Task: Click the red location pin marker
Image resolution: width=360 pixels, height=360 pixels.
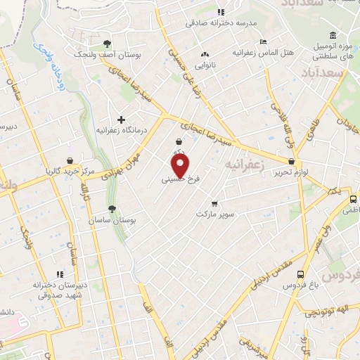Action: click(x=181, y=166)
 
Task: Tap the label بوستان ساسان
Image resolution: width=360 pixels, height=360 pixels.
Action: click(x=111, y=220)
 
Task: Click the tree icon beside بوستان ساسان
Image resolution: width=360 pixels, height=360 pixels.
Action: click(x=112, y=208)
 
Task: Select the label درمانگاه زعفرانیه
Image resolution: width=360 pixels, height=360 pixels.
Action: click(x=120, y=130)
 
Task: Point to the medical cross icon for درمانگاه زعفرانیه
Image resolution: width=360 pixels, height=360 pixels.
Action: click(x=122, y=119)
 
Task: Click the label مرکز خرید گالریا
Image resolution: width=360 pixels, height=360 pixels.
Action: click(x=69, y=170)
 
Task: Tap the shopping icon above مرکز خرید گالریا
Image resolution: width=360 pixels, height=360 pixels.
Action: click(x=69, y=160)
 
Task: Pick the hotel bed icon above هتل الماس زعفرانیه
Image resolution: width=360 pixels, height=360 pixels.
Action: click(x=263, y=41)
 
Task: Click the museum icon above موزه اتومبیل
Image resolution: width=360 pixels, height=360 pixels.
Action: click(x=333, y=36)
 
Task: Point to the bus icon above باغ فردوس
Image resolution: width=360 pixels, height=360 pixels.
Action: click(x=301, y=274)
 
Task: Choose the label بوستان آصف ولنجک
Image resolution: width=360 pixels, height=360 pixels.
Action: click(x=107, y=54)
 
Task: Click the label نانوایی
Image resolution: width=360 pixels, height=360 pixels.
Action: click(x=205, y=65)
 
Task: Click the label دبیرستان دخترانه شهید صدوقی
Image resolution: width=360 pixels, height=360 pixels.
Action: click(x=60, y=290)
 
